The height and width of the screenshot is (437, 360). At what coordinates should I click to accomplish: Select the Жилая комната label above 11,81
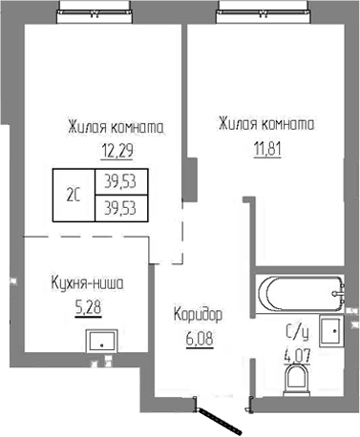[266, 126]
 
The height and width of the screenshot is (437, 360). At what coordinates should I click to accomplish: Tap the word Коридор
[198, 314]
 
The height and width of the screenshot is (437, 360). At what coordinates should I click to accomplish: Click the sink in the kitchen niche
[99, 341]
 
